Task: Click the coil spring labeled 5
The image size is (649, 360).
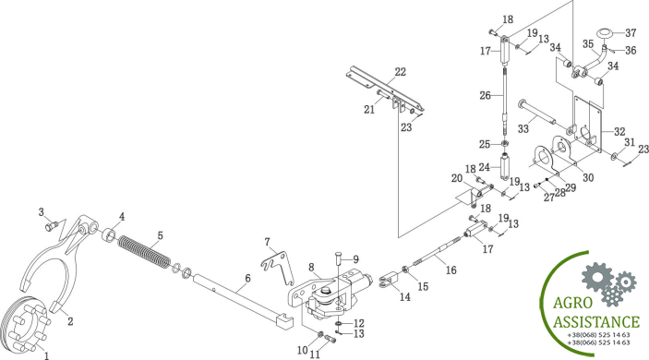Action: pyautogui.click(x=144, y=252)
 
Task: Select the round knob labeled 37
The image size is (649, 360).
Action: pyautogui.click(x=604, y=33)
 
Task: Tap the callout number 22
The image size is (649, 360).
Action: pyautogui.click(x=401, y=72)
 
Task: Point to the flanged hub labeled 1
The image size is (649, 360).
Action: pyautogui.click(x=25, y=324)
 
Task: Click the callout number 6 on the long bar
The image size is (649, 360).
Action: pyautogui.click(x=247, y=279)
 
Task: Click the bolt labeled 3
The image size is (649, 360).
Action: pyautogui.click(x=52, y=226)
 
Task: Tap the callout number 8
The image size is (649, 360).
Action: pyautogui.click(x=312, y=268)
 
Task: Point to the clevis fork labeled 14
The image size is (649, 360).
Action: pyautogui.click(x=388, y=280)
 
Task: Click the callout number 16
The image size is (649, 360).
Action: pyautogui.click(x=451, y=270)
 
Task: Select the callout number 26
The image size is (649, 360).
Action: pyautogui.click(x=485, y=96)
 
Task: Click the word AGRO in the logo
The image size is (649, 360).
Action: pyautogui.click(x=573, y=304)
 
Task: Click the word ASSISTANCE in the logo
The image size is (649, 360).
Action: pyautogui.click(x=596, y=321)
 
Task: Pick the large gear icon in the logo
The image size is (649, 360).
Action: pyautogui.click(x=596, y=276)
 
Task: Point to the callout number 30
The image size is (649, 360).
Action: pyautogui.click(x=588, y=177)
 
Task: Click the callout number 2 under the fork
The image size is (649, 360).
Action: pyautogui.click(x=70, y=321)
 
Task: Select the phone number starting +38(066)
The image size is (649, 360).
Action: pyautogui.click(x=598, y=342)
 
